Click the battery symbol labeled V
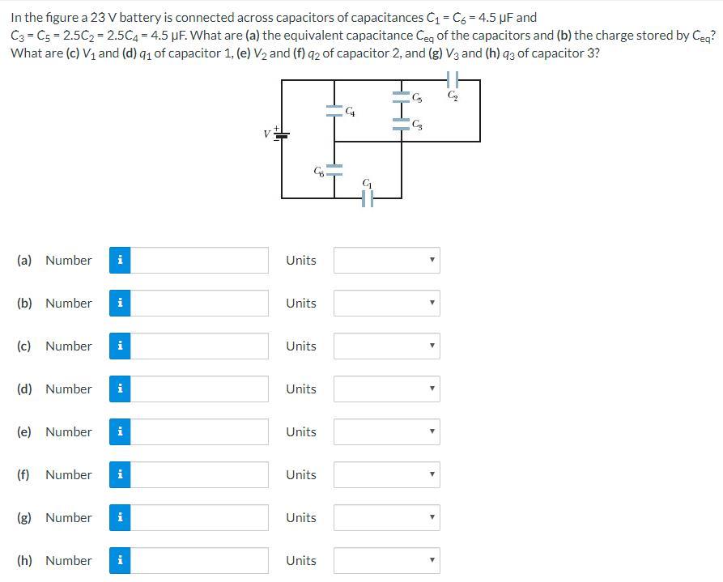click(282, 134)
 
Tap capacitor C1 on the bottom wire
click(368, 197)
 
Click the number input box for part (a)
click(199, 260)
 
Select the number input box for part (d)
click(199, 389)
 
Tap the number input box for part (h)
click(199, 560)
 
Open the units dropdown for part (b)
click(386, 303)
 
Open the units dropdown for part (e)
click(386, 431)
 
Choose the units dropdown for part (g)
click(386, 517)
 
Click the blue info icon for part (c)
click(120, 346)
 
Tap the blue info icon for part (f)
click(120, 474)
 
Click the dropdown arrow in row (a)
click(432, 260)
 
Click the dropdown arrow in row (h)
click(432, 560)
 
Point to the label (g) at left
click(25, 517)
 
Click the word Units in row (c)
click(301, 346)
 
